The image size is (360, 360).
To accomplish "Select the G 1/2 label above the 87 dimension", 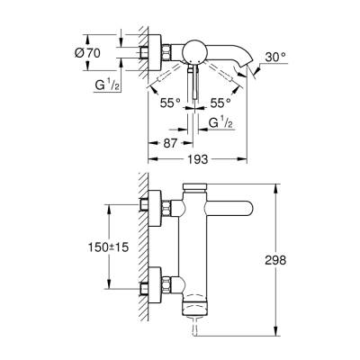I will click(x=220, y=121).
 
